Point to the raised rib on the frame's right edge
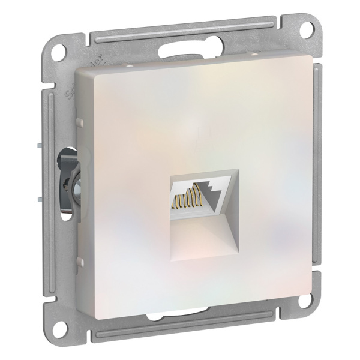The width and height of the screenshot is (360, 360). (324, 180)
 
